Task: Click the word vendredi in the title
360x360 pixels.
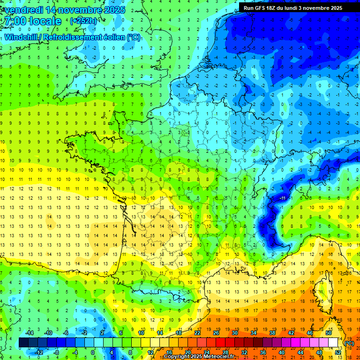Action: (x=24, y=10)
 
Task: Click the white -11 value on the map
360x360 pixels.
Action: (x=283, y=199)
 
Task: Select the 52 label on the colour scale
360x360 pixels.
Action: (x=337, y=352)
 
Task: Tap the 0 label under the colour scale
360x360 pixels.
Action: (x=93, y=352)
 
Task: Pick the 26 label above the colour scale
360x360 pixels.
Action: (x=216, y=333)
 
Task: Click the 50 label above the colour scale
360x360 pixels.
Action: (x=328, y=333)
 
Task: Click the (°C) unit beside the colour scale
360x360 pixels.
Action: (x=350, y=343)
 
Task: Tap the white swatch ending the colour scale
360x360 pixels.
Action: (x=333, y=343)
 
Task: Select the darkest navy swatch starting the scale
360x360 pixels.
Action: (x=23, y=343)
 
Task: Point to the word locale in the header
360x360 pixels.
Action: (x=45, y=21)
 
